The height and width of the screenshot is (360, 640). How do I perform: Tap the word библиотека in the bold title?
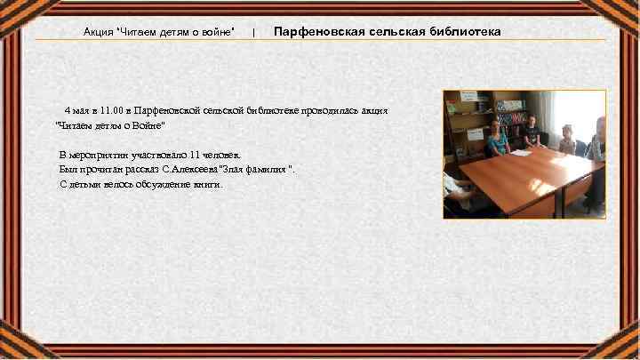click(x=462, y=32)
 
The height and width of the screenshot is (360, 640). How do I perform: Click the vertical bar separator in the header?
click(x=254, y=33)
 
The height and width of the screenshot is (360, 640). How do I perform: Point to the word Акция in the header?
click(x=99, y=32)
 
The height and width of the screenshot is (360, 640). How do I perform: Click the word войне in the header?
click(x=219, y=32)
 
